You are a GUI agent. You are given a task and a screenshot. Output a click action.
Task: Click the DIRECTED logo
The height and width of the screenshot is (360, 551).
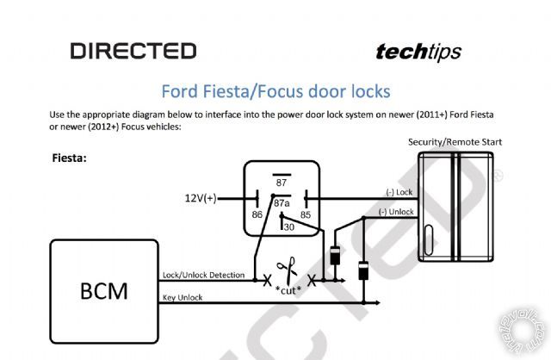(133, 52)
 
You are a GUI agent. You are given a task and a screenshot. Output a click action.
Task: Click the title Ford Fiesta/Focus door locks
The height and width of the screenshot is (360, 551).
(275, 90)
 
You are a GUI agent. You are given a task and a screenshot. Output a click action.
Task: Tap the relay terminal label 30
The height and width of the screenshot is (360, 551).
(288, 227)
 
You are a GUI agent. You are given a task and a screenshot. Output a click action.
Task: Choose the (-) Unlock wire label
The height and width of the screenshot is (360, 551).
(396, 211)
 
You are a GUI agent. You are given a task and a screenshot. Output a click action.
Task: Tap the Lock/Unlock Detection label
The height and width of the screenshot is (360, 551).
(206, 276)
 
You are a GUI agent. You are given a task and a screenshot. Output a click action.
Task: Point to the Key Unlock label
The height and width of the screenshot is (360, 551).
(183, 297)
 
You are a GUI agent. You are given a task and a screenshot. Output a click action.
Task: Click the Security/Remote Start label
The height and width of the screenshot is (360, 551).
(455, 142)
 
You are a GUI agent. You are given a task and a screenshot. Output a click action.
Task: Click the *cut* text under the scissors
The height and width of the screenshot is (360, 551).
(288, 289)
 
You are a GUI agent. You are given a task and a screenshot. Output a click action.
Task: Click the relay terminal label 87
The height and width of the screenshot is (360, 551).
(282, 183)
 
